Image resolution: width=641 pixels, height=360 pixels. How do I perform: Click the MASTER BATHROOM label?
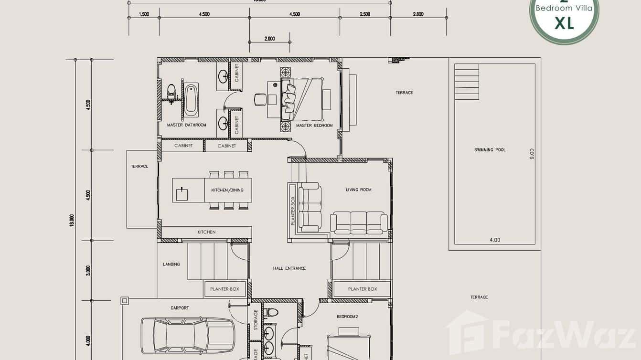(x=186, y=125)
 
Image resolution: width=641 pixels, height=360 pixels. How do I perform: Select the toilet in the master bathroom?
(x=171, y=90)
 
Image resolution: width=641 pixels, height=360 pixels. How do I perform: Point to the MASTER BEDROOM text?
(x=314, y=126)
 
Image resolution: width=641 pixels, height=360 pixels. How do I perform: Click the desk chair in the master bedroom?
(x=260, y=99)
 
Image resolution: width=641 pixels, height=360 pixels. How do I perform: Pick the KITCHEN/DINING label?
(x=227, y=190)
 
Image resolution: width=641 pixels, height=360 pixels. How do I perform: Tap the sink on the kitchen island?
(x=182, y=194)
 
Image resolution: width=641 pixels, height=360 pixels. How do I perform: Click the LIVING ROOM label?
(x=358, y=190)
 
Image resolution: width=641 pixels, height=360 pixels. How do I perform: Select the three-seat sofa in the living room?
(x=359, y=222)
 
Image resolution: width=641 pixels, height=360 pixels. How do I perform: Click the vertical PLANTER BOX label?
(x=293, y=212)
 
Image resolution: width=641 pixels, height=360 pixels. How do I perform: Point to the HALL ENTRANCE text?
(x=289, y=268)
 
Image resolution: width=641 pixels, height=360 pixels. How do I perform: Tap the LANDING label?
(x=171, y=264)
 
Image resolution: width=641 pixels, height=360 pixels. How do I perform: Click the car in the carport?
(x=187, y=335)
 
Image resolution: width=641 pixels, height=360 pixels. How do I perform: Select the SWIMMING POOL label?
(x=490, y=150)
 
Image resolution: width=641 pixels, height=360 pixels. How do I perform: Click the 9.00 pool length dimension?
(x=532, y=154)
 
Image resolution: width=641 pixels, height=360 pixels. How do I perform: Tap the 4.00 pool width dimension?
(x=495, y=240)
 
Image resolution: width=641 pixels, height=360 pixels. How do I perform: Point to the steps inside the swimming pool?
(x=466, y=82)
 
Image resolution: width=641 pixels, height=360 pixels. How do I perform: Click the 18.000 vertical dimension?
(x=72, y=220)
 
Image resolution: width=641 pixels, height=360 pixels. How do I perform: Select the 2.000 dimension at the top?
(x=269, y=39)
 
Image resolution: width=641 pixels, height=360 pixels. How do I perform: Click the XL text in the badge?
(x=564, y=22)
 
